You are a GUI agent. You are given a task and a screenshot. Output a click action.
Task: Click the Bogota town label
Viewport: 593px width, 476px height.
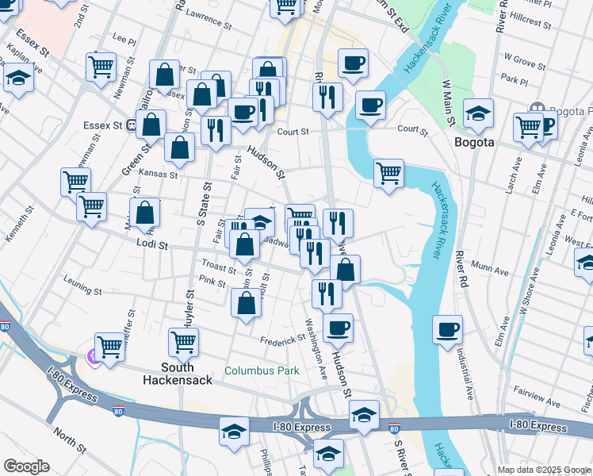[474, 143]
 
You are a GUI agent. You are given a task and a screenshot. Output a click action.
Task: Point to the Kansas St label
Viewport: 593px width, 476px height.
[158, 173]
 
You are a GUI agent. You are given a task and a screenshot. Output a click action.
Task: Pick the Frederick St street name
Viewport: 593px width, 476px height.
[283, 340]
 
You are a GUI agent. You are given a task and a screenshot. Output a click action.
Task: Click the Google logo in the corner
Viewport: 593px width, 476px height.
[26, 466]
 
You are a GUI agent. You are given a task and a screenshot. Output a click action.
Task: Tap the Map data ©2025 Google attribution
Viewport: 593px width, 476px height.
[544, 470]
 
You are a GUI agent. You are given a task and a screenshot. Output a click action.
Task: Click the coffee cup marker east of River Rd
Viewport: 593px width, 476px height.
[447, 328]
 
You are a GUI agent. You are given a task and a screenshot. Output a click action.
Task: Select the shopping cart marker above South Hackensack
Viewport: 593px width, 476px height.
[184, 342]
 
